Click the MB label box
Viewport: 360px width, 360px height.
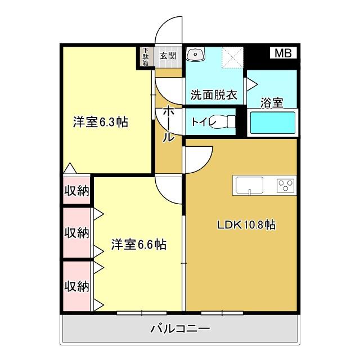(x=283, y=53)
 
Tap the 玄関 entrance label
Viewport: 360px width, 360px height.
(x=168, y=55)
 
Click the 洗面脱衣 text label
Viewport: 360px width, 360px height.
(x=213, y=95)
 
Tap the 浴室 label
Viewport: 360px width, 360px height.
(x=272, y=102)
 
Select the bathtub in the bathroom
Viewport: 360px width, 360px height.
(x=272, y=123)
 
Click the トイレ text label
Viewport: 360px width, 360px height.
(x=201, y=121)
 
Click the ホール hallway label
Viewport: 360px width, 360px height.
(x=168, y=124)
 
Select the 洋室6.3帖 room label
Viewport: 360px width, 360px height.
(x=99, y=122)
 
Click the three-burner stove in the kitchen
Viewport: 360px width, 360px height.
(x=285, y=184)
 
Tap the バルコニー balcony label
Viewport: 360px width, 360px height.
(x=180, y=328)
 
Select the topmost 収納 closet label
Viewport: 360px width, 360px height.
(x=76, y=191)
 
